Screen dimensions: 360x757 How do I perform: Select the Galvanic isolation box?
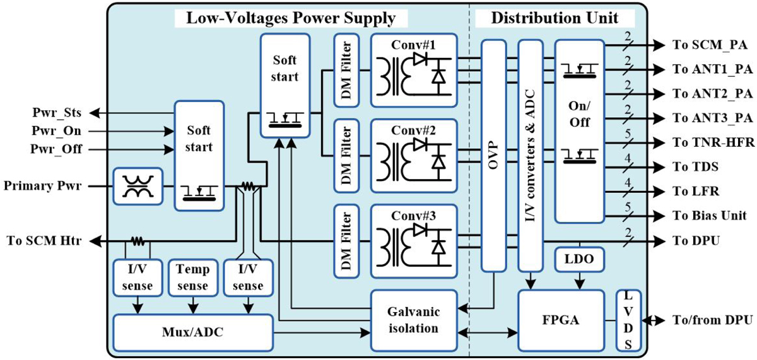pos(413,320)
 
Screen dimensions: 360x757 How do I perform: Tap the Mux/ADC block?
pos(193,332)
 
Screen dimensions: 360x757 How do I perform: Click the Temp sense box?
pos(192,277)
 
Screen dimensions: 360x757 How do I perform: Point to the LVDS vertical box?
pos(628,320)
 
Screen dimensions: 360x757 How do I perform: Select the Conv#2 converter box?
pos(413,154)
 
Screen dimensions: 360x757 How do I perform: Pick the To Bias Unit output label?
pos(710,216)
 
